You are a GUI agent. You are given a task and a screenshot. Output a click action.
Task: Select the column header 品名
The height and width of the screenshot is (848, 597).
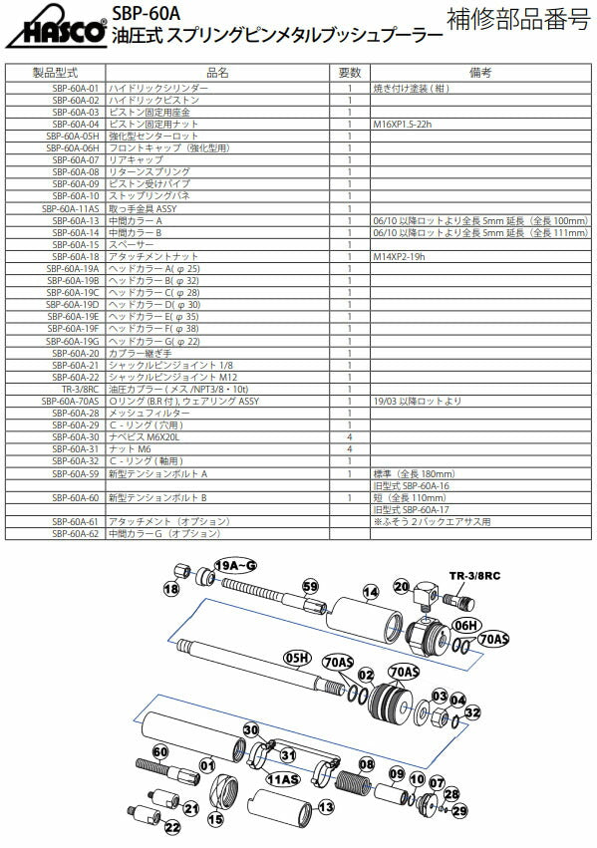coord(216,73)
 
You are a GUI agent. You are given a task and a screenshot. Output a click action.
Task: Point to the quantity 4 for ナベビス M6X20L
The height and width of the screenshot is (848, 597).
coord(349,436)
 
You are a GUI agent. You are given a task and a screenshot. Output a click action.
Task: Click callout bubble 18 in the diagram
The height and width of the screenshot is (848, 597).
coord(171,590)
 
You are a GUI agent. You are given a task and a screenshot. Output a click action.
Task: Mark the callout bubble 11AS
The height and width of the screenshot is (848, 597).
coord(284,778)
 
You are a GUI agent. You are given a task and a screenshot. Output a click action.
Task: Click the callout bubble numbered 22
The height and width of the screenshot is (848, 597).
coord(172,827)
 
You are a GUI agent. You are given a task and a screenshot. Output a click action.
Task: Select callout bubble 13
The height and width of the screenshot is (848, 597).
coord(325,806)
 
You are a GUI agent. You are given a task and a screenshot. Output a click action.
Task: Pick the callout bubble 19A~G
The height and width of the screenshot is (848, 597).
coord(235,565)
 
